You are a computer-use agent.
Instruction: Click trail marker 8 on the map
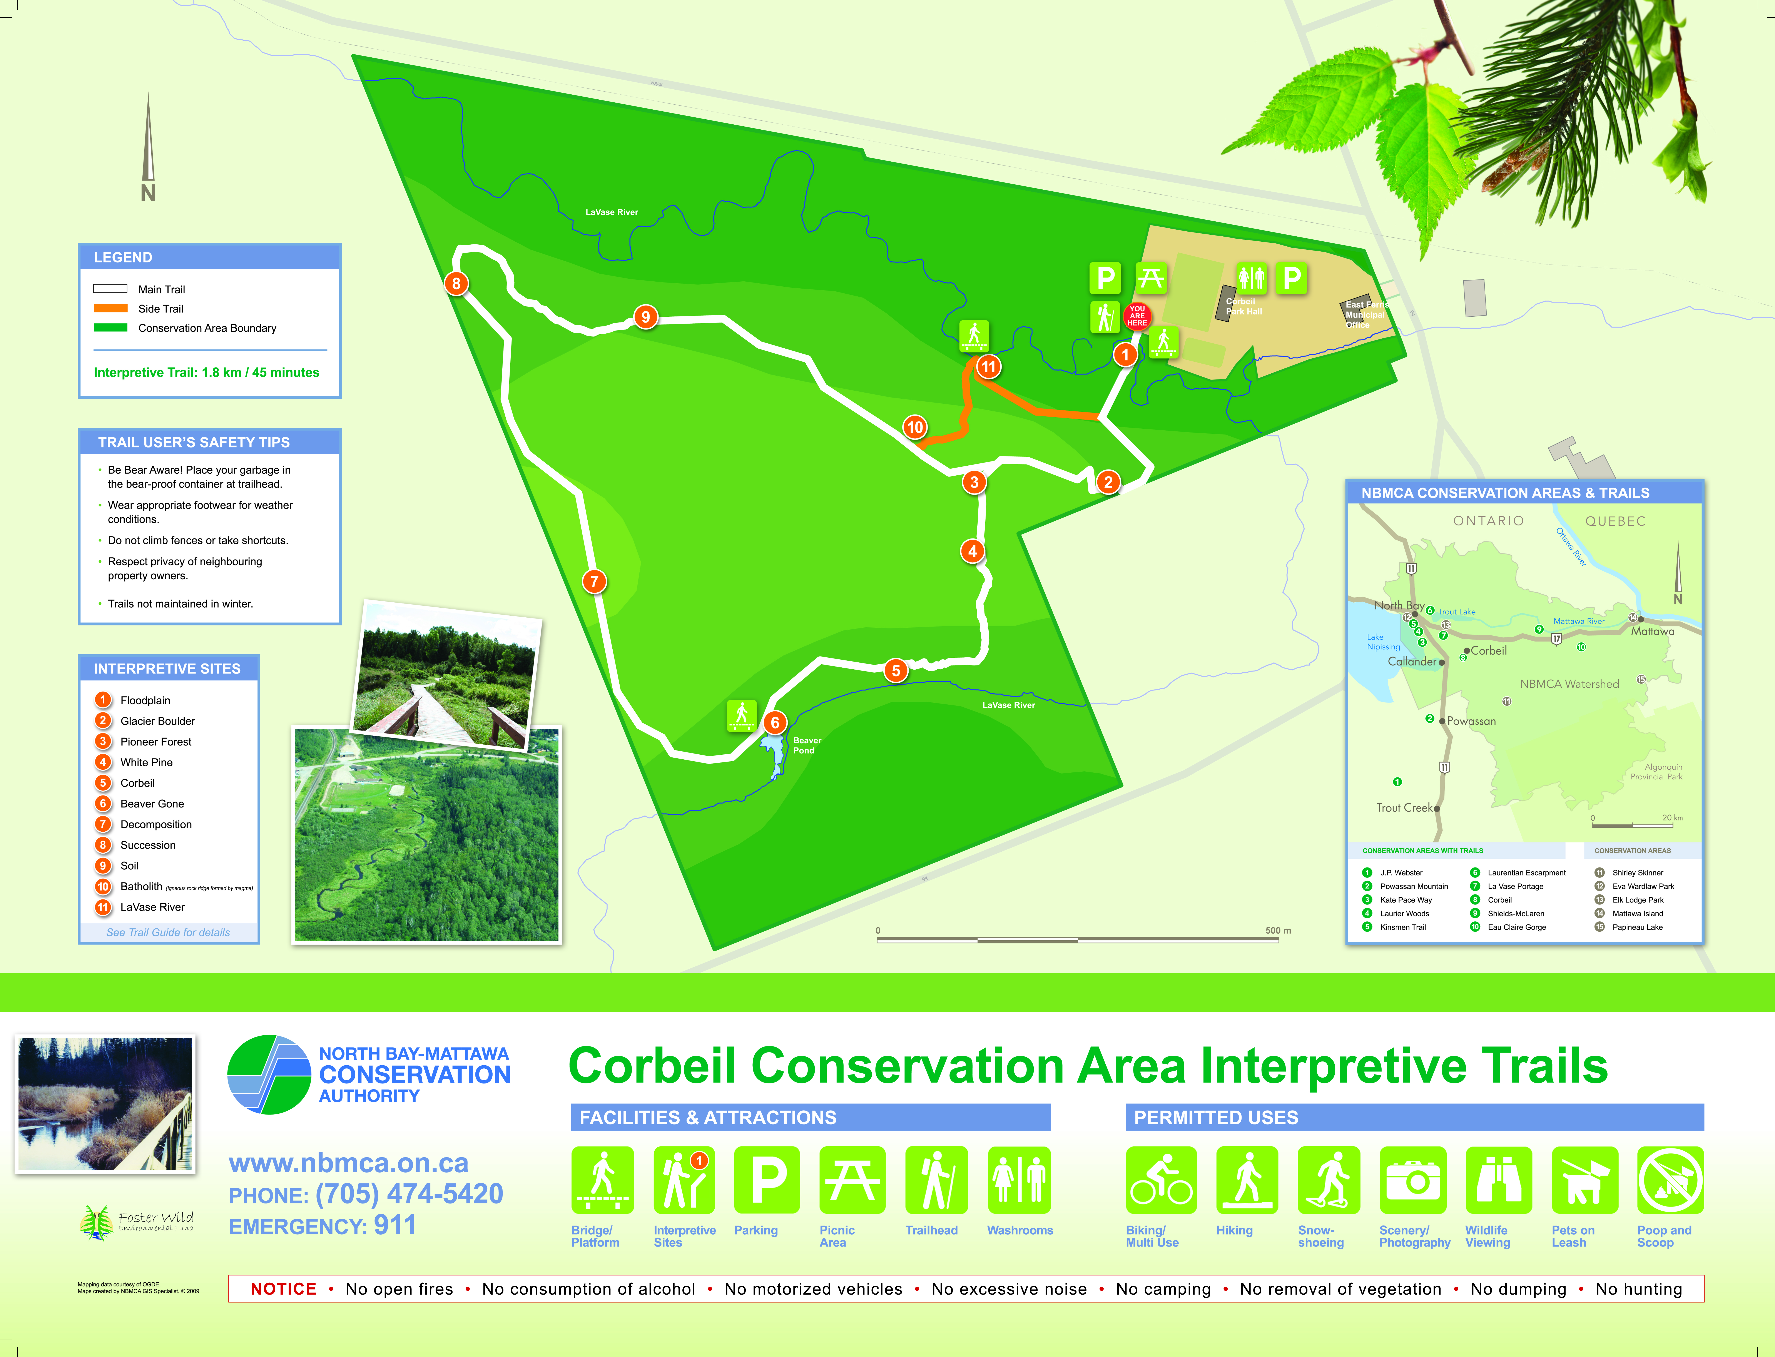pyautogui.click(x=456, y=284)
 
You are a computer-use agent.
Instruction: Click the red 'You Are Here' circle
pyautogui.click(x=1137, y=316)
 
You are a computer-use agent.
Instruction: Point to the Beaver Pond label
pyautogui.click(x=807, y=745)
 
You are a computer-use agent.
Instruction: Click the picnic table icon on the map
pyautogui.click(x=1151, y=279)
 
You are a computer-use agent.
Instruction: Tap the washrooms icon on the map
pyautogui.click(x=1251, y=279)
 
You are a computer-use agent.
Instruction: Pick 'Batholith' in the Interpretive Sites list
pyautogui.click(x=141, y=886)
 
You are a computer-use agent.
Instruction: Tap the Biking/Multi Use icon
pyautogui.click(x=1161, y=1180)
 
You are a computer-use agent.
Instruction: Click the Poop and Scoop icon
pyautogui.click(x=1670, y=1180)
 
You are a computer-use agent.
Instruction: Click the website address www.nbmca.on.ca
pyautogui.click(x=349, y=1163)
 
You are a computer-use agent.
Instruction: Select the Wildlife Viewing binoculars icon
pyautogui.click(x=1498, y=1180)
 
